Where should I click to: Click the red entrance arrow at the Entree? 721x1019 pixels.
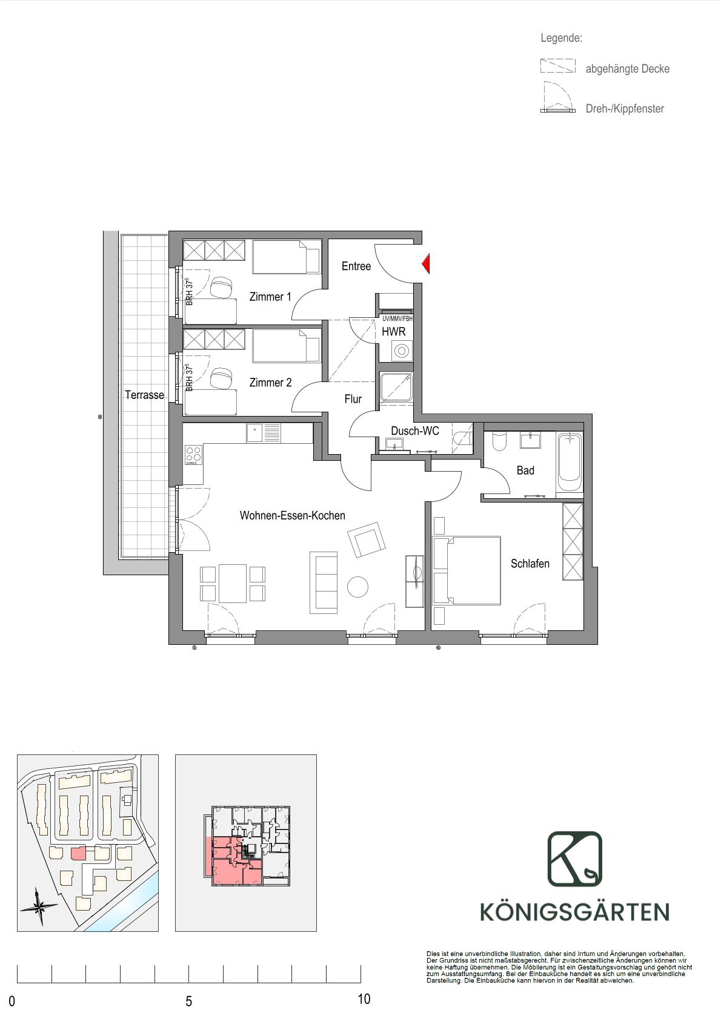pos(425,264)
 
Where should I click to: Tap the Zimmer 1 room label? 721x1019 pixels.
pos(270,297)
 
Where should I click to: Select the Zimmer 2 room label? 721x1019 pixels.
pos(270,383)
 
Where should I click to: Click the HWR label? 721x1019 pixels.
pos(394,332)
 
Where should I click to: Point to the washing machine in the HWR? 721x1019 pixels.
pos(402,351)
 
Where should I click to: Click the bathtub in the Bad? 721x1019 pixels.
pos(570,462)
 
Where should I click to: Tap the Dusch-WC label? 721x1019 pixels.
pos(415,431)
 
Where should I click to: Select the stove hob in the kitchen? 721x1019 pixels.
pos(193,455)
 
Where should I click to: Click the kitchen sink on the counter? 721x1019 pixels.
pos(264,433)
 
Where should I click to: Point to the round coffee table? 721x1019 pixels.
pos(357,587)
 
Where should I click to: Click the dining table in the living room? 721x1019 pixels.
pos(233,584)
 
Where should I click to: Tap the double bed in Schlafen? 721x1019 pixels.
pos(467,571)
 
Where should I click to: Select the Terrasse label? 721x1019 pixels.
pos(145,395)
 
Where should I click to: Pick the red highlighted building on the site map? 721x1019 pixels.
pos(78,852)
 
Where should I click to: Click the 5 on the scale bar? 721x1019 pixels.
pos(189,1001)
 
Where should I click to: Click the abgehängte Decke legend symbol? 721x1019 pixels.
pos(557,66)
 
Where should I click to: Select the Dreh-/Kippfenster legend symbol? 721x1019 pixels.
pos(556,97)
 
